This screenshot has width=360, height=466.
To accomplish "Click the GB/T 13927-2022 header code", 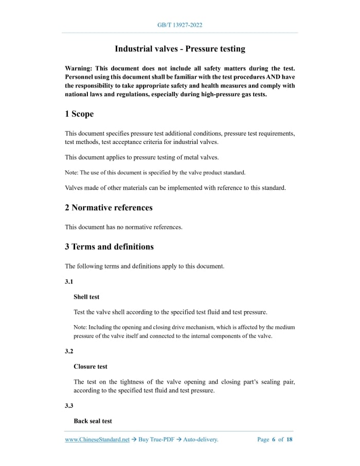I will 179,25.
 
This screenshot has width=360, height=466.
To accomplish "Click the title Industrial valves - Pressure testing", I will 179,49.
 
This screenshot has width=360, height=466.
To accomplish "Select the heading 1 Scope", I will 79,114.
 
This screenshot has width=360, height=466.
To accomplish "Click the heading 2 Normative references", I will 109,208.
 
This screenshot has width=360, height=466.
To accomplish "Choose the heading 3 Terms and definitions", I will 109,246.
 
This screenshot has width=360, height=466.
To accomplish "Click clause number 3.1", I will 69,282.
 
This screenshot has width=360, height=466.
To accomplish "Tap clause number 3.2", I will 69,351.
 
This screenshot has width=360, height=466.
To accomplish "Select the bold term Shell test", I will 86,297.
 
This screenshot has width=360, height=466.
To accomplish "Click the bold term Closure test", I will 91,366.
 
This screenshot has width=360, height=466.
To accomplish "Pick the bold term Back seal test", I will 93,421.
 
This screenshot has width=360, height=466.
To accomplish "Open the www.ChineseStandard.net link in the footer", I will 97,439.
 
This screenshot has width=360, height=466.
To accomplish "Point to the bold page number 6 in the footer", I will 273,439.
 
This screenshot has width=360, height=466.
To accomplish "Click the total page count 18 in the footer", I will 290,439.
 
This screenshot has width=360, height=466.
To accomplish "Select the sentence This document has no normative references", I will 123,227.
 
